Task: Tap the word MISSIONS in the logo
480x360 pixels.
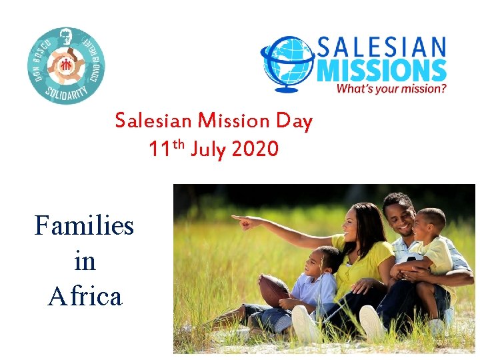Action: [x=381, y=69]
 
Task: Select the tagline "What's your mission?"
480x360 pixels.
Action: [x=391, y=87]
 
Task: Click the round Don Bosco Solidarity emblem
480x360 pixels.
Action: [x=66, y=65]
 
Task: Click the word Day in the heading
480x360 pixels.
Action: [x=294, y=121]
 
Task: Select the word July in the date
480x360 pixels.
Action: [x=209, y=149]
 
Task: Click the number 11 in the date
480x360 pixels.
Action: [x=161, y=149]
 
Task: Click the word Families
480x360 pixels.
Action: [x=84, y=225]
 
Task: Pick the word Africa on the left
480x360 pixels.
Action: [x=85, y=295]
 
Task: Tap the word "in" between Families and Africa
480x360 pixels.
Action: [x=85, y=261]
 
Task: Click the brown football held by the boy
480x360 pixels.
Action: [x=273, y=291]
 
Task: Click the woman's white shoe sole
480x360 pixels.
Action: [x=304, y=325]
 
